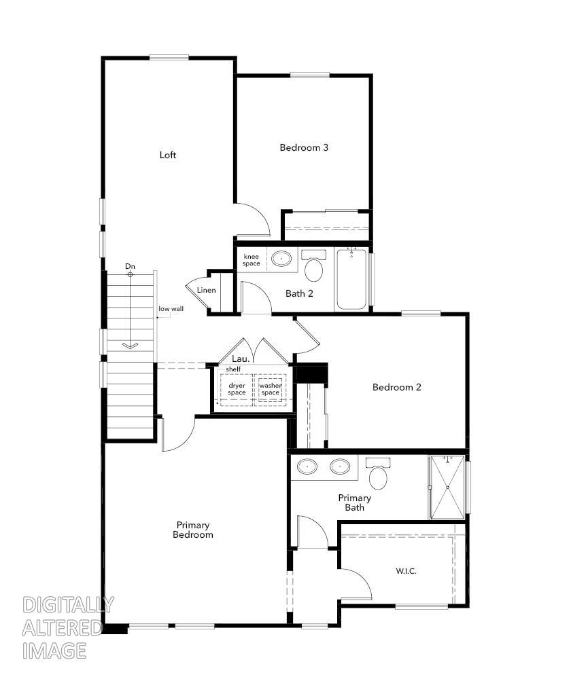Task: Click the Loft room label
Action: (x=168, y=155)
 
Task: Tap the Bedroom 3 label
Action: (x=304, y=147)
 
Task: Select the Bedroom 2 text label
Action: (x=397, y=387)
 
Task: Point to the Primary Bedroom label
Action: (x=193, y=530)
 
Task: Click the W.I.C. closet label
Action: (x=406, y=571)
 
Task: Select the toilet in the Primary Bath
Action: (x=379, y=475)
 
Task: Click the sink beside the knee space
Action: (x=280, y=258)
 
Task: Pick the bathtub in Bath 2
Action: (x=351, y=279)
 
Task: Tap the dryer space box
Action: (x=237, y=390)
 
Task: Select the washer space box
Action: (x=271, y=390)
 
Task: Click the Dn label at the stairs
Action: (x=130, y=266)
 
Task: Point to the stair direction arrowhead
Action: (x=130, y=346)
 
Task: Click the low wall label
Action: (x=171, y=309)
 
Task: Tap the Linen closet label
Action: (x=206, y=291)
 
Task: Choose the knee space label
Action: (x=252, y=259)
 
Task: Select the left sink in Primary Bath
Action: (x=309, y=467)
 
